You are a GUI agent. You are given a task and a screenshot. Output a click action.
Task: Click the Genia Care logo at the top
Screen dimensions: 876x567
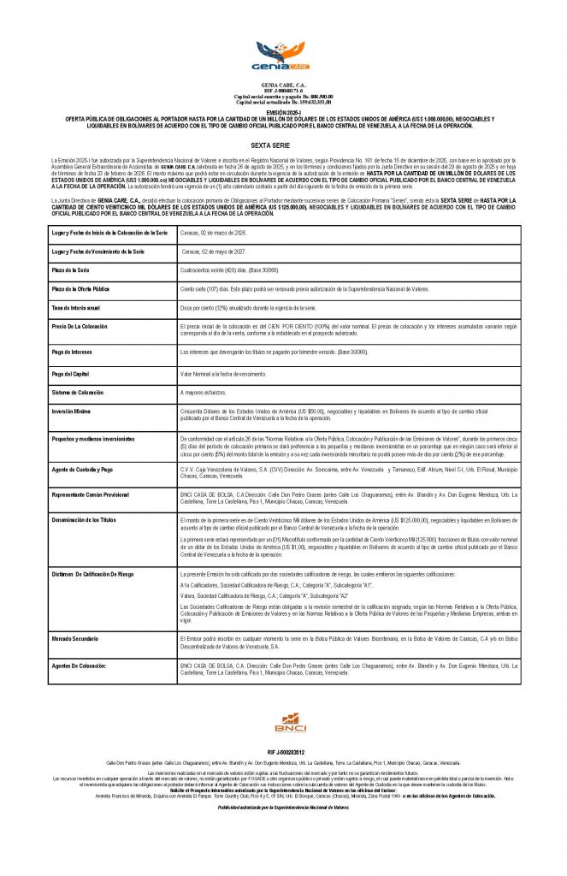pyautogui.click(x=283, y=57)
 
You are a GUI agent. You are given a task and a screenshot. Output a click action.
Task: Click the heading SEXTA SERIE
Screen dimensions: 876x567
pyautogui.click(x=283, y=146)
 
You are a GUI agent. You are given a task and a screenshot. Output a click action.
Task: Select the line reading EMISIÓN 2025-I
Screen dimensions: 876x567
pyautogui.click(x=283, y=111)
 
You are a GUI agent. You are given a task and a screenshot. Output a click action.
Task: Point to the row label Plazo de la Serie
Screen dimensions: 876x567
pyautogui.click(x=72, y=270)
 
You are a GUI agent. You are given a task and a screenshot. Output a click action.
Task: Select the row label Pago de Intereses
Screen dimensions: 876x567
pyautogui.click(x=74, y=352)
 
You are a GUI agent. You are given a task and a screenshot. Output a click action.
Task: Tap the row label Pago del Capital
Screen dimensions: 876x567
pyautogui.click(x=72, y=374)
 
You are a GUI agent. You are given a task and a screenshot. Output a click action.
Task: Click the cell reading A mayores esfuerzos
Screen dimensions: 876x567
pyautogui.click(x=204, y=393)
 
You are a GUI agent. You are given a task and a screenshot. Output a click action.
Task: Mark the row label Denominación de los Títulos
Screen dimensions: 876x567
pyautogui.click(x=84, y=519)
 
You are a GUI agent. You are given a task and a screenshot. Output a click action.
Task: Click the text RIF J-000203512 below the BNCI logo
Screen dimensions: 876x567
pyautogui.click(x=283, y=750)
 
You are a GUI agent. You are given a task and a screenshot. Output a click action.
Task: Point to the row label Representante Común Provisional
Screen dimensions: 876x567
pyautogui.click(x=91, y=494)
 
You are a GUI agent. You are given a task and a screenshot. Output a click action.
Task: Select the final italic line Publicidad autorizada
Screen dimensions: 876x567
pyautogui.click(x=283, y=807)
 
